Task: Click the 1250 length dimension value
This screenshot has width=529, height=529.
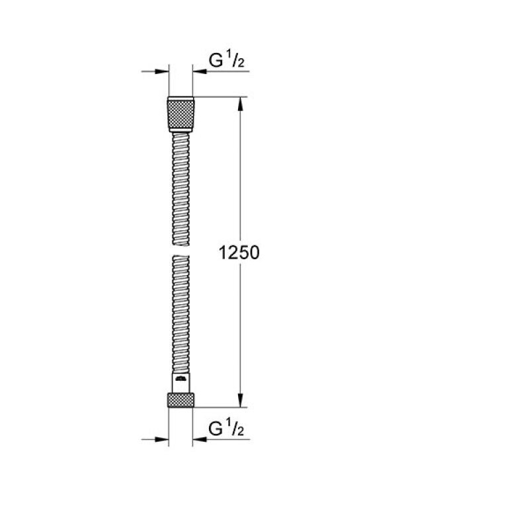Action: (239, 253)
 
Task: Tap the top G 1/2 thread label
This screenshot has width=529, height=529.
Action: (226, 60)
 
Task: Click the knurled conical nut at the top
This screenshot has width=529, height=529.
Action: (181, 114)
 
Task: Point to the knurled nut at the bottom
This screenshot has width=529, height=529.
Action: (181, 400)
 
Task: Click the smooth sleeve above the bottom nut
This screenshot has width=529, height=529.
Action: (181, 383)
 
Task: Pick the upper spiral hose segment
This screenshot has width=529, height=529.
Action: (181, 189)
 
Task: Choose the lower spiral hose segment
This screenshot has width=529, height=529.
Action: (181, 314)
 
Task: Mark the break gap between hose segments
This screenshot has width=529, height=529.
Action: (181, 251)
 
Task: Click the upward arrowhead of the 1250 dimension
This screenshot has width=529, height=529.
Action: (240, 104)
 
